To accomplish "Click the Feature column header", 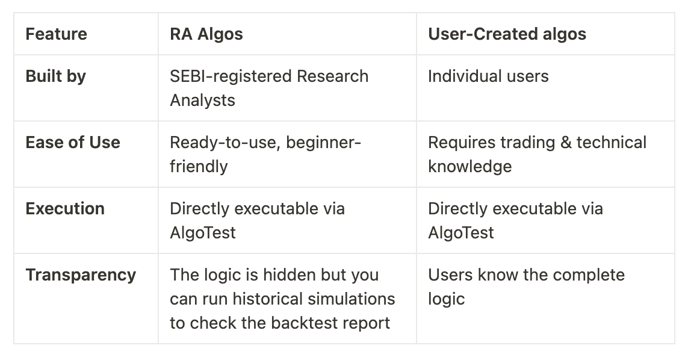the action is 56,34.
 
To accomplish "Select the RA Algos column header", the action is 206,34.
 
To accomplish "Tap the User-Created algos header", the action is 507,34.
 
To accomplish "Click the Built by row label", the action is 55,76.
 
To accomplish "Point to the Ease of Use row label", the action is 73,142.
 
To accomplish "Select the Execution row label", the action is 65,208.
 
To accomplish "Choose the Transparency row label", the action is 81,275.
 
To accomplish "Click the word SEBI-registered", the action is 230,76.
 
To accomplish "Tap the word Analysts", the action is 202,101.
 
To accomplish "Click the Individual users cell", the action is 488,76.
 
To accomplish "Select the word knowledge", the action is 469,167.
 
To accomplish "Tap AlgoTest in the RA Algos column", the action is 203,232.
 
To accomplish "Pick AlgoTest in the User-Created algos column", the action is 461,232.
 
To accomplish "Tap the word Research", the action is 333,76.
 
